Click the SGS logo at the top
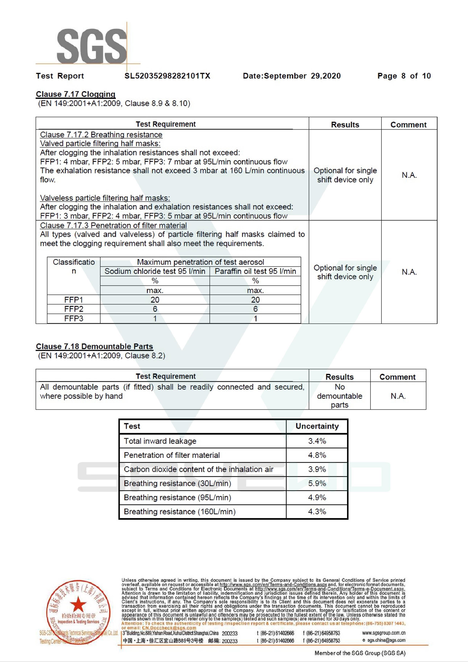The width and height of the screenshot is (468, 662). click(x=92, y=46)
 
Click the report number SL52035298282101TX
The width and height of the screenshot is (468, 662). click(x=167, y=76)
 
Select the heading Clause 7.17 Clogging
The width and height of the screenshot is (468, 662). click(x=76, y=94)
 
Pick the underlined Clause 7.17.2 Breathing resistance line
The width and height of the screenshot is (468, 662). click(x=101, y=135)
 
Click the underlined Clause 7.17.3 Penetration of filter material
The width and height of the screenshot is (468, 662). click(x=113, y=226)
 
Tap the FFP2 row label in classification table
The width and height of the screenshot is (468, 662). click(x=74, y=309)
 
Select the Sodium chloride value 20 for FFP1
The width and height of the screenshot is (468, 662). click(x=155, y=300)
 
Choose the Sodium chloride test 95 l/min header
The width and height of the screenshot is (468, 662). click(x=155, y=271)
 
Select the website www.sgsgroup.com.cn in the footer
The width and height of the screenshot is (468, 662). click(x=384, y=633)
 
